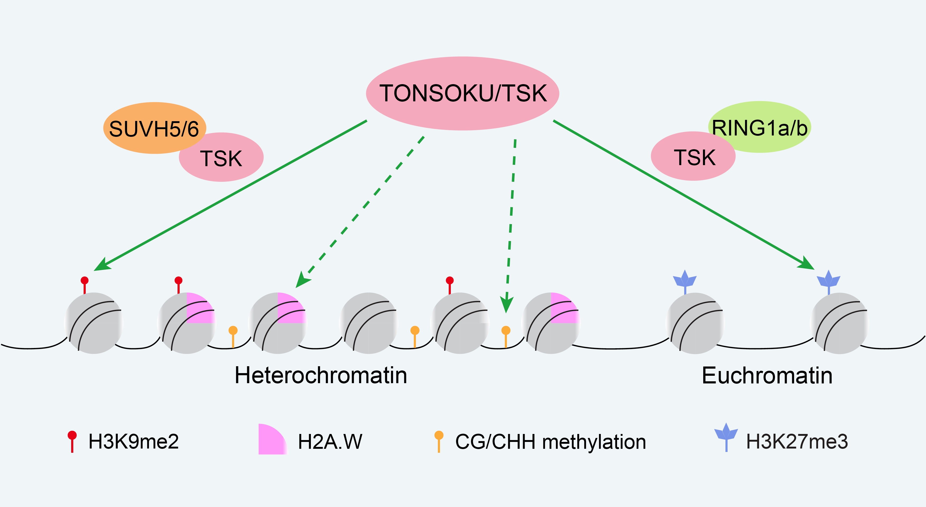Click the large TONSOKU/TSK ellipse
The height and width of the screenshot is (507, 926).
[x=462, y=93]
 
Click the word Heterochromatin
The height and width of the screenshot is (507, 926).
[x=321, y=375]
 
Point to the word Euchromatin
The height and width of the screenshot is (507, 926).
[x=767, y=376]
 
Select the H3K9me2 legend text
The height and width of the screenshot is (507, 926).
[x=133, y=442]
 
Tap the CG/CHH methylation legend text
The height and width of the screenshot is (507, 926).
[x=550, y=442]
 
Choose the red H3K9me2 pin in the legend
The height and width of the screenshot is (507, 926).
[x=72, y=441]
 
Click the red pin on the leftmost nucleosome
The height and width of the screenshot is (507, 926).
[x=84, y=284]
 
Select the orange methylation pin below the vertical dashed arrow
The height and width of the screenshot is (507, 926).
[x=506, y=334]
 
